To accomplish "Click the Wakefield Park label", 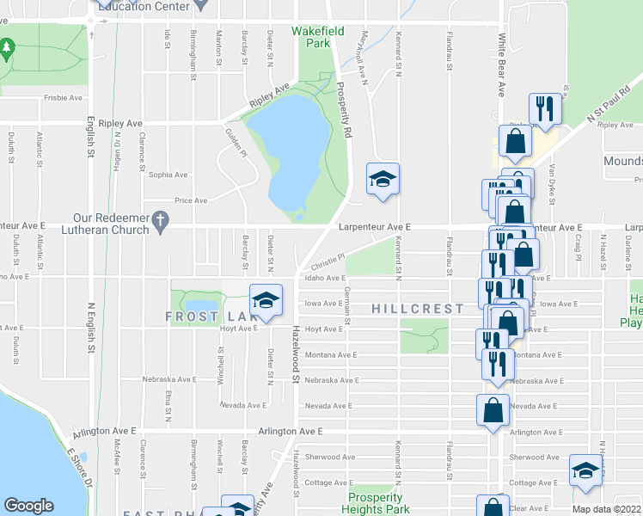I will click(311, 37).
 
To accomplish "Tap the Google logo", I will click(28, 506).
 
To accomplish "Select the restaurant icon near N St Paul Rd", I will click(545, 108).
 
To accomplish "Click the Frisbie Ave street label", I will click(62, 98).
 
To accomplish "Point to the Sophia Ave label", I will click(168, 175).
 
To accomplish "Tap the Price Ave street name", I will click(191, 200).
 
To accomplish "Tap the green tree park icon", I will click(8, 49).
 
